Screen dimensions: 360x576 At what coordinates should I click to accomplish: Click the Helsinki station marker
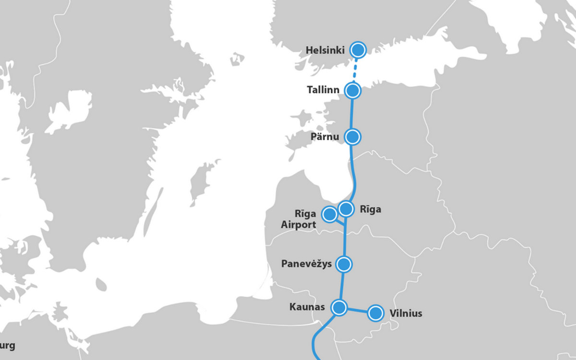click(x=358, y=49)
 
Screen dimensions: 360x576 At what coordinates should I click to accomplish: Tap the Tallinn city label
click(x=324, y=90)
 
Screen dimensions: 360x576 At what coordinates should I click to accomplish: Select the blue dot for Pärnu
click(x=353, y=137)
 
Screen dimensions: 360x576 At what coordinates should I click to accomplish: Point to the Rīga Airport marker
click(x=330, y=214)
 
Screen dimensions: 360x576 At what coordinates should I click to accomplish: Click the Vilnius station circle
click(x=375, y=313)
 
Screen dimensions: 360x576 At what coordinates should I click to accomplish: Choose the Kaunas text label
click(x=307, y=307)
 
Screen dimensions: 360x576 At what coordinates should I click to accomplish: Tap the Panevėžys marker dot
click(x=344, y=264)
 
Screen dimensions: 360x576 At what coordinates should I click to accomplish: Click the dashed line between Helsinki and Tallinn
click(x=356, y=70)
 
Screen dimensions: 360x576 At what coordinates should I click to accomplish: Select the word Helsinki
click(x=325, y=50)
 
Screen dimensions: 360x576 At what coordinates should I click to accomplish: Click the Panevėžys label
click(x=307, y=264)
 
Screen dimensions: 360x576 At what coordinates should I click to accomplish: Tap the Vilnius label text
click(x=406, y=313)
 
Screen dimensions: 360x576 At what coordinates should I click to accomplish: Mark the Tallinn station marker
click(x=353, y=90)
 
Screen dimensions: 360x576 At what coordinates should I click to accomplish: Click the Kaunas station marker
click(x=339, y=307)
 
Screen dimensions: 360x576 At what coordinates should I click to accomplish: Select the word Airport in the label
click(x=299, y=225)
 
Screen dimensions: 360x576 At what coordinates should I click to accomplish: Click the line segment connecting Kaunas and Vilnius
click(x=357, y=310)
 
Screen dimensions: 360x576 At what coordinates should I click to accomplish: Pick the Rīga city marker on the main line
click(x=346, y=209)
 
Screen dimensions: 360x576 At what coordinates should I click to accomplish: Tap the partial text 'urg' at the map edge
click(x=8, y=346)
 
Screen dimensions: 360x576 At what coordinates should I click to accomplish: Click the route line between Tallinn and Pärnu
click(x=353, y=113)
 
